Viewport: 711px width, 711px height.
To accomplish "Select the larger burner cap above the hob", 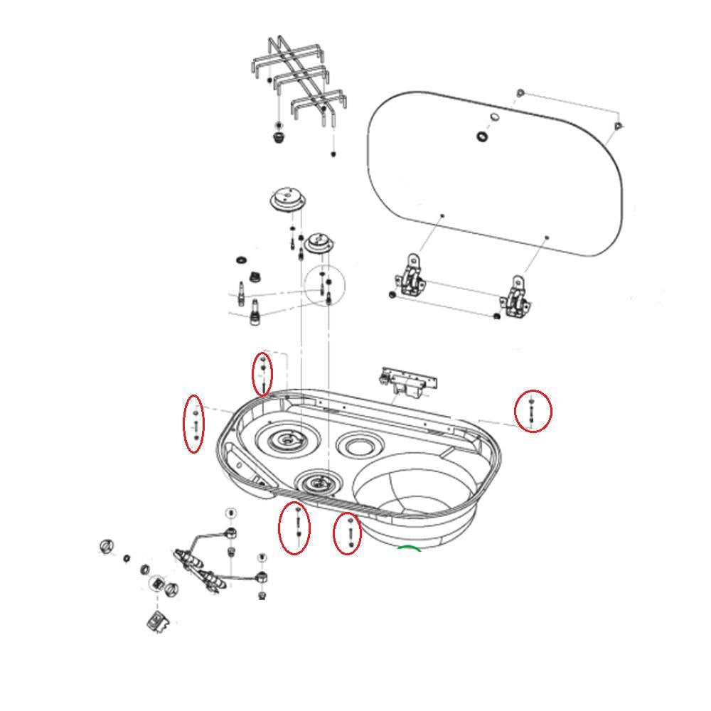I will click(x=288, y=199).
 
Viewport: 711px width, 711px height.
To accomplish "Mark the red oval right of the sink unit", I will click(x=533, y=411).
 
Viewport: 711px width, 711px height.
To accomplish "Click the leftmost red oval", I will click(x=193, y=423).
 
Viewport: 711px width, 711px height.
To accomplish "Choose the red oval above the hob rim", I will click(x=262, y=373).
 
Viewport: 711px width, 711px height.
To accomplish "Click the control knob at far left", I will click(x=107, y=546).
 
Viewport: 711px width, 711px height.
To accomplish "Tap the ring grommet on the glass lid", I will click(x=483, y=136).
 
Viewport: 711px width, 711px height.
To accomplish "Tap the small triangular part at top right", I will click(x=618, y=127).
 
